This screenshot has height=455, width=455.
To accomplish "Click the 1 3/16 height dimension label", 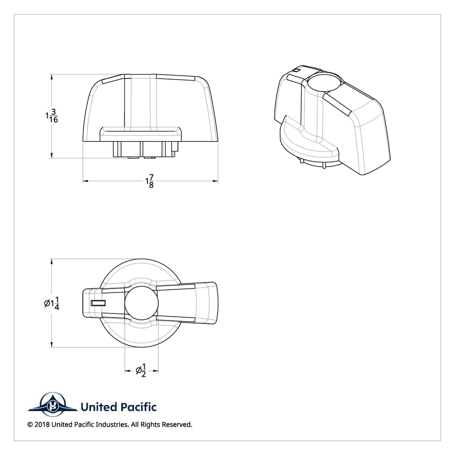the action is tap(51, 116).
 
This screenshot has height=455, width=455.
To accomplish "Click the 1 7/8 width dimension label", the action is tap(149, 182).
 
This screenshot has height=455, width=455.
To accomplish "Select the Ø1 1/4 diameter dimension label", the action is tap(52, 303).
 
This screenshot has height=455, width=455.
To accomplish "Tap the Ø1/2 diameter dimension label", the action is tap(141, 370).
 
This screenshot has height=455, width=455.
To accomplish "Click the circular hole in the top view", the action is tap(142, 303).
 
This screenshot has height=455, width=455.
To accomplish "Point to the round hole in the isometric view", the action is tap(325, 81).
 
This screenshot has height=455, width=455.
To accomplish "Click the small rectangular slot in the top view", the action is tap(98, 303).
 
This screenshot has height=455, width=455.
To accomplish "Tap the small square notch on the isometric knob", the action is tap(296, 70).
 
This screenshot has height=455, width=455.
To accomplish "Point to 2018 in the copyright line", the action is tap(42, 425).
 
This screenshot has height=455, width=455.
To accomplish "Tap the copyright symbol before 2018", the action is tap(30, 425).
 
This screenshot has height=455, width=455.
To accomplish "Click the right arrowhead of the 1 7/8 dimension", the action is tap(215, 181).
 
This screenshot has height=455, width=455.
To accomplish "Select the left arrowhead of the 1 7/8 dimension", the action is tap(86, 181).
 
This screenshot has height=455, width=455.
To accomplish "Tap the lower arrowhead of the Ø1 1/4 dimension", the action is tap(52, 344).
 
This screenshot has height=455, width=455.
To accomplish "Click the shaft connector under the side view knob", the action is tap(145, 150).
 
